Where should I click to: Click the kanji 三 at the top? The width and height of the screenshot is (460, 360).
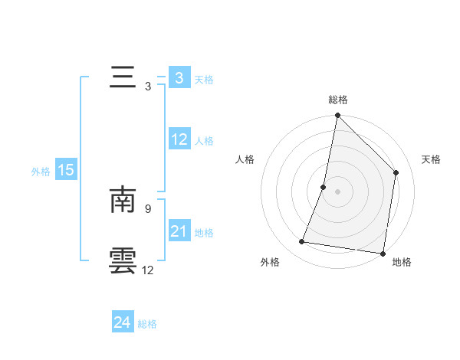123,78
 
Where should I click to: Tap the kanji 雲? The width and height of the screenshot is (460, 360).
123,260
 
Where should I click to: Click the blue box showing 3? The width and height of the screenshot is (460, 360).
179,78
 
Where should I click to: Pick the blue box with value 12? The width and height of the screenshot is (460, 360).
179,140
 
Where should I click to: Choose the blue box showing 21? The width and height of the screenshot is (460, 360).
179,231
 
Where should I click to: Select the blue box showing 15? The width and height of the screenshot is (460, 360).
66,170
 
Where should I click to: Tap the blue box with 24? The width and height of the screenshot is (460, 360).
122,322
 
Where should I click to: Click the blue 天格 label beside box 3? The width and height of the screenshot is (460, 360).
204,80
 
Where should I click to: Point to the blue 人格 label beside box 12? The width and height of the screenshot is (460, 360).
204,141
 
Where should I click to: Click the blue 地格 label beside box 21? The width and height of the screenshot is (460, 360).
204,232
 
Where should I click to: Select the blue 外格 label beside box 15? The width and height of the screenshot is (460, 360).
41,172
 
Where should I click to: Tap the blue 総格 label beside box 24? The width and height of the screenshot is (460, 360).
147,324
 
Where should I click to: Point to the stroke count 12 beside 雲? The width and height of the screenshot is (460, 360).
148,270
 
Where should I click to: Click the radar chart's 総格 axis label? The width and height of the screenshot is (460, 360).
337,100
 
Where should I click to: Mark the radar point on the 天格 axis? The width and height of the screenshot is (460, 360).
396,172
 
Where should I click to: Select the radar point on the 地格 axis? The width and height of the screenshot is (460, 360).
383,253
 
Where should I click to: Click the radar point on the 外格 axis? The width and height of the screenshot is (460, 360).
302,242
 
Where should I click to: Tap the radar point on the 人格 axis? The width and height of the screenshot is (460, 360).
324,187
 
